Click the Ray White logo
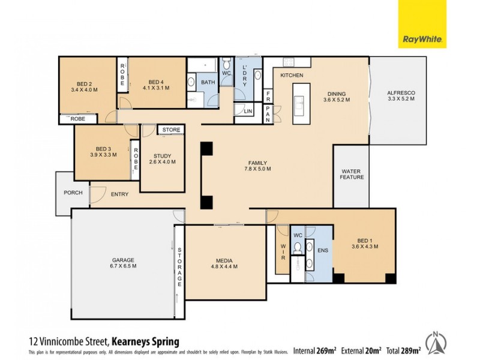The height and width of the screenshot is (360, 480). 423,24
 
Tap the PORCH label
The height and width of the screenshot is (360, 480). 72,193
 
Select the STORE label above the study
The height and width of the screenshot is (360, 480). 171,130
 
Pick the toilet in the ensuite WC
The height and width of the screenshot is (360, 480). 297,247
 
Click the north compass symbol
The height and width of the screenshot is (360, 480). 436,342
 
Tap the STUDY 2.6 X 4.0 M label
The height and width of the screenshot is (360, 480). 162,158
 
